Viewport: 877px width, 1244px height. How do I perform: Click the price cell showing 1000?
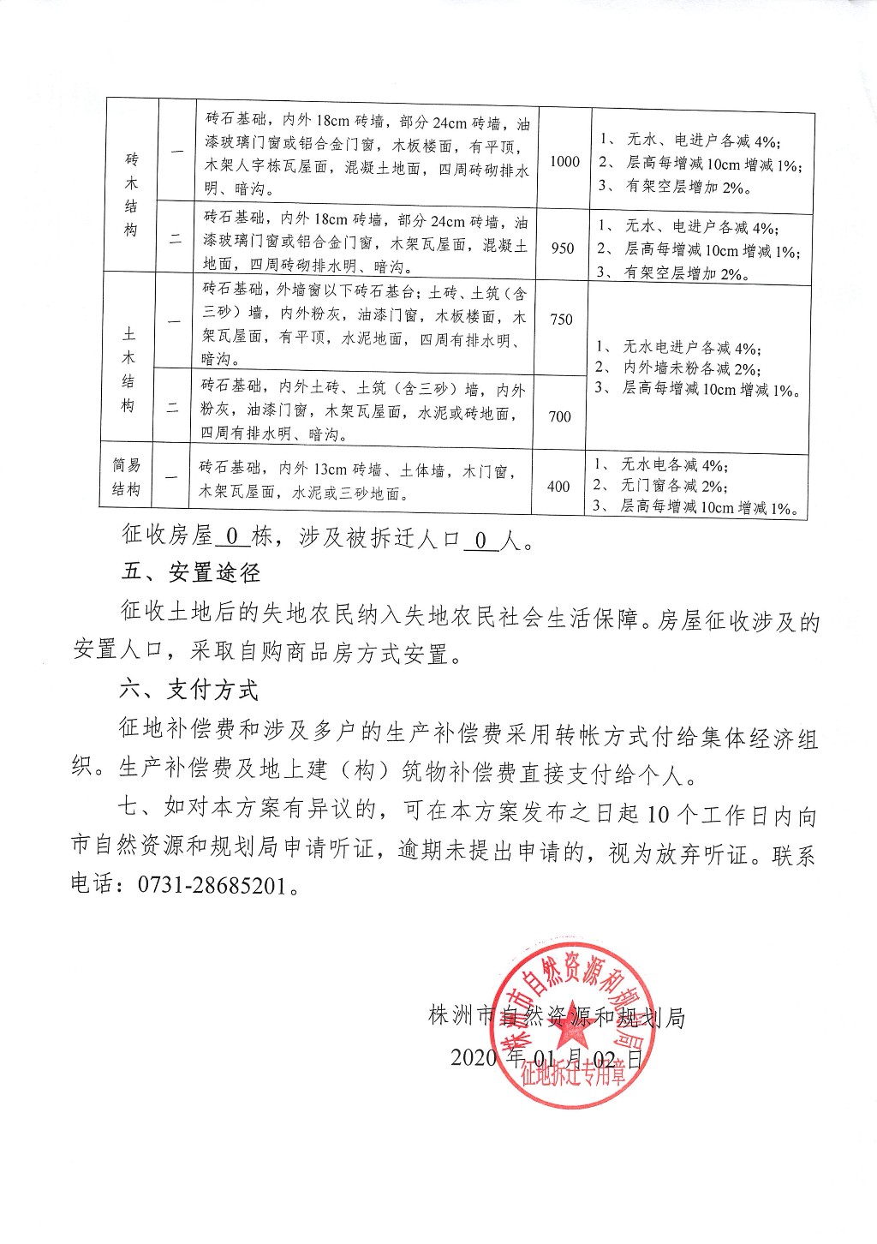(564, 161)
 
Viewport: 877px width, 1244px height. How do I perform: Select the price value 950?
(563, 248)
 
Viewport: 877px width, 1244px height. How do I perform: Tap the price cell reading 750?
(561, 320)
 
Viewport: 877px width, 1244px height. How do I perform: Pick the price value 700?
(559, 417)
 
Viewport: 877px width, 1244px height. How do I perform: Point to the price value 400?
(558, 487)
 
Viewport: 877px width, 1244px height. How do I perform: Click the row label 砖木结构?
(131, 194)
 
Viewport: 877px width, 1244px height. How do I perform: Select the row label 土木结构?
(128, 368)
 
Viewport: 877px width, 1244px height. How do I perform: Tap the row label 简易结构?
(126, 477)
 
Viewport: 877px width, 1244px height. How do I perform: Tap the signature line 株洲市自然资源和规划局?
(556, 1017)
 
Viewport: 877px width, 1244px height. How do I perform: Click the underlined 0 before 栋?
(230, 537)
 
